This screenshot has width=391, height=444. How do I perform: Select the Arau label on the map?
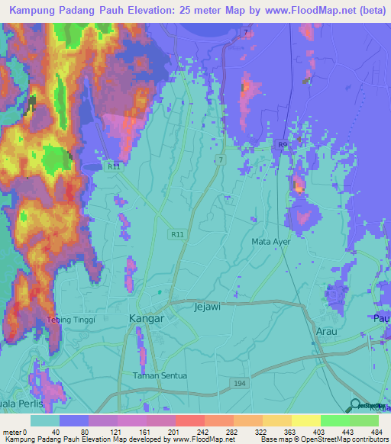point(327,332)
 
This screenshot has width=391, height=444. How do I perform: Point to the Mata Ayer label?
point(272,242)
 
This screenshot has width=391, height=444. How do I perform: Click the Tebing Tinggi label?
point(71,320)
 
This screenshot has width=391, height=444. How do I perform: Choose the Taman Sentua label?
point(158,375)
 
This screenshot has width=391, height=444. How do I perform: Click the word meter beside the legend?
point(11,431)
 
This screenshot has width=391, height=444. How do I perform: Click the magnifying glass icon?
point(356,405)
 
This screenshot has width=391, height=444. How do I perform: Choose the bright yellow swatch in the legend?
point(305,420)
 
